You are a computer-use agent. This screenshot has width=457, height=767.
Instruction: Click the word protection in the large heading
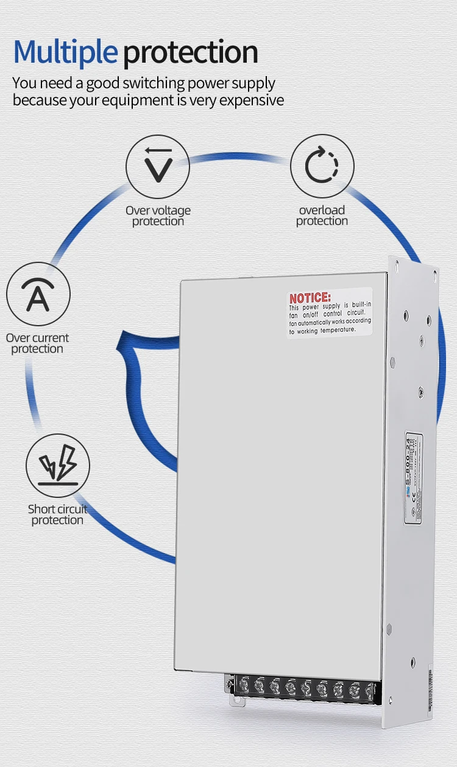[x=191, y=53]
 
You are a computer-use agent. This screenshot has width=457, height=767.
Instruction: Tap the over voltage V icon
[x=158, y=166]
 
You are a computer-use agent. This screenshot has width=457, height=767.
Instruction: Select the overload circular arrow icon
[x=322, y=166]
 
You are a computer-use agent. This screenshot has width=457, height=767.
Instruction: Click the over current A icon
[x=38, y=295]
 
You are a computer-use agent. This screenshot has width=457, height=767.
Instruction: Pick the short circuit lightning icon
[x=58, y=466]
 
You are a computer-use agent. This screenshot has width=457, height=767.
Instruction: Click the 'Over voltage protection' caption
[x=158, y=216]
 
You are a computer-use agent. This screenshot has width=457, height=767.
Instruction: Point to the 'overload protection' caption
[x=322, y=215]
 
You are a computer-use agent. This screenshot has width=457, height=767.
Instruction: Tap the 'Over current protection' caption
[x=37, y=343]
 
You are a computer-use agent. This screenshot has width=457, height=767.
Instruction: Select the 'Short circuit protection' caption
[x=57, y=514]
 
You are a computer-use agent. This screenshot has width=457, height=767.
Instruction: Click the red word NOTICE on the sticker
[x=310, y=298]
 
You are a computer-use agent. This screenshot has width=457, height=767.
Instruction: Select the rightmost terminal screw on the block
[x=369, y=691]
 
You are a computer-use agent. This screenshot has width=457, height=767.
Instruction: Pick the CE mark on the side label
[x=413, y=494]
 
